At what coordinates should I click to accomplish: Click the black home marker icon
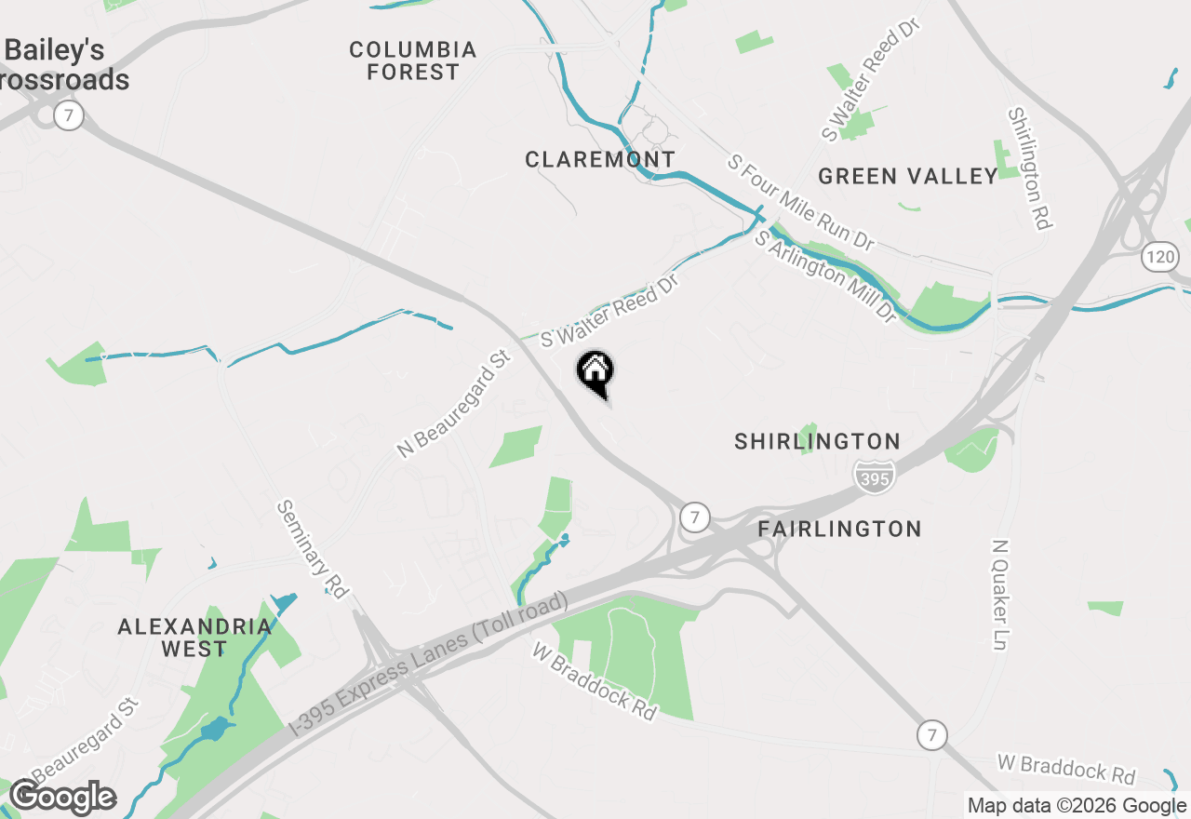[x=595, y=372]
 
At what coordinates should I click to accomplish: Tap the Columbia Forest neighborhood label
[x=413, y=60]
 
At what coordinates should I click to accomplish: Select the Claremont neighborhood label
[x=600, y=160]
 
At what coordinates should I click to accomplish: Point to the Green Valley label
[x=908, y=176]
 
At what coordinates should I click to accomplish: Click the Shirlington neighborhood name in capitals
[x=818, y=441]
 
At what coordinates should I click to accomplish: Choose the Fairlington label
[x=839, y=529]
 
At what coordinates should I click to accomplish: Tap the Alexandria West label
[x=194, y=638]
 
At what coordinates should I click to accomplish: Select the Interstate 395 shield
[x=874, y=476]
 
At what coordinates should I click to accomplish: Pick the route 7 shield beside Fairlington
[x=694, y=516]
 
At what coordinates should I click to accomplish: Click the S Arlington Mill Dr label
[x=826, y=277]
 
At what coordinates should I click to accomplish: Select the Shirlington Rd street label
[x=1029, y=168]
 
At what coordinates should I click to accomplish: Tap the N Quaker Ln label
[x=1002, y=596]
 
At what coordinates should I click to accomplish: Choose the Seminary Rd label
[x=312, y=548]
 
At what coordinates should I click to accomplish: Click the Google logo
[x=62, y=798]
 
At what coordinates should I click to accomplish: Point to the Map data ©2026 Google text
[x=1077, y=806]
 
